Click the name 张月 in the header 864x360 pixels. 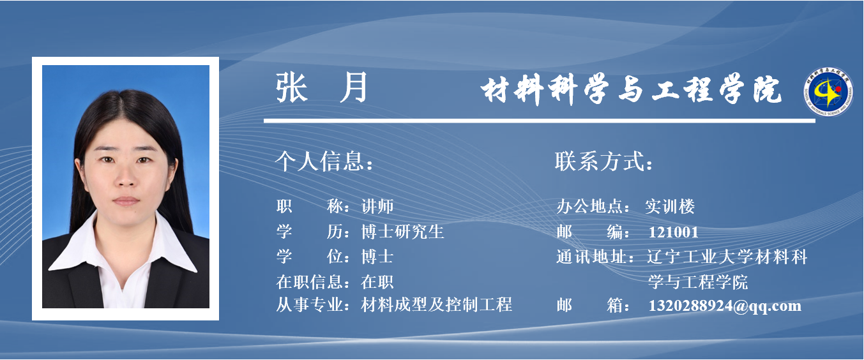(322, 87)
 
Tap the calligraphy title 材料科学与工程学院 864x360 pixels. (631, 90)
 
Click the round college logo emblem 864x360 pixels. (828, 92)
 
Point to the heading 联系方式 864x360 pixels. (603, 161)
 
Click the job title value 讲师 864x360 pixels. (377, 207)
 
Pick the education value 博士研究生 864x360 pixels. (402, 232)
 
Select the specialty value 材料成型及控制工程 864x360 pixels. (436, 304)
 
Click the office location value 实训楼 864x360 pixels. (670, 207)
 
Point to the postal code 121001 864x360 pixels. (674, 232)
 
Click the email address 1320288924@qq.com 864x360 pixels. (725, 306)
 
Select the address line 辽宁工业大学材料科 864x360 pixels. (727, 257)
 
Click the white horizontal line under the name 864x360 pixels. (539, 121)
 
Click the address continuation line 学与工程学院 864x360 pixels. (698, 282)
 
